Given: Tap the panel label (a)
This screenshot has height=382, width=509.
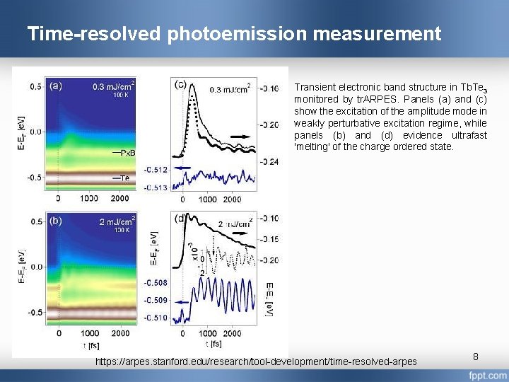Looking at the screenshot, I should (x=55, y=86).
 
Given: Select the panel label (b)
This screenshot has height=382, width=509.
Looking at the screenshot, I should (x=55, y=221).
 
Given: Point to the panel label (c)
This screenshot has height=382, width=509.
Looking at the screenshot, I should (x=180, y=85).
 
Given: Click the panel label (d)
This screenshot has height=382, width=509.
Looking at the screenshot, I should (x=180, y=218).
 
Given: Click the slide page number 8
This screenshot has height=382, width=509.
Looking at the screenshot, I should (x=476, y=357).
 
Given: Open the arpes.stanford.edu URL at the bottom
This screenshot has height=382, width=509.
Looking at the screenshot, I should (x=256, y=362).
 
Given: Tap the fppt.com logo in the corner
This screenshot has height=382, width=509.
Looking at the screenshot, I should (x=487, y=375).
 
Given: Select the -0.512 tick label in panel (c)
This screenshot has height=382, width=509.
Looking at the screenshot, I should (x=156, y=170).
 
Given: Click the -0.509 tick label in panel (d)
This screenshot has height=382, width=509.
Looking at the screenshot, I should (x=156, y=300).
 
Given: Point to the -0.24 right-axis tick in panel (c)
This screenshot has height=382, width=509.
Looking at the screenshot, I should (x=268, y=161).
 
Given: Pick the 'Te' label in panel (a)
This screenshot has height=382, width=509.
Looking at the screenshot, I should (x=124, y=178).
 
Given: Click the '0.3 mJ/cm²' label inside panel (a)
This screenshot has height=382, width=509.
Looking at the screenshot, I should (x=113, y=87).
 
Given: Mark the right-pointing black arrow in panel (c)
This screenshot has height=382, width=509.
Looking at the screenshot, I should (x=239, y=134).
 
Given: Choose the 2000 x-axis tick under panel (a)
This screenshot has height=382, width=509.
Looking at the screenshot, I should (x=120, y=199).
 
